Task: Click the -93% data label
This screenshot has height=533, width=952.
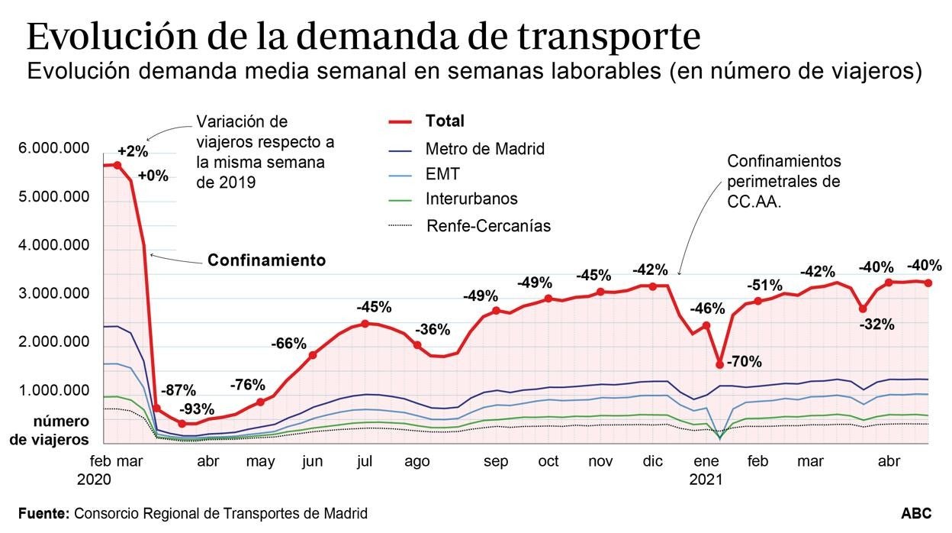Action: point(198,409)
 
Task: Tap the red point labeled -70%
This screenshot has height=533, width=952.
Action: point(719,364)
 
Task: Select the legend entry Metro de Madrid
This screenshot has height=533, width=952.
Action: point(485,149)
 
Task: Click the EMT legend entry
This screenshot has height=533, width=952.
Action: point(442,174)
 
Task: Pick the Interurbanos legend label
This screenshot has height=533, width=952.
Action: point(471,199)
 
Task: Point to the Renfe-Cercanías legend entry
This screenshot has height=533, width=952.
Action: point(488,225)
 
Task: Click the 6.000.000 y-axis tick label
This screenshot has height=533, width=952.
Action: point(53,148)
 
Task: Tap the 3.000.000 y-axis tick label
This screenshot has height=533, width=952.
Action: point(53,294)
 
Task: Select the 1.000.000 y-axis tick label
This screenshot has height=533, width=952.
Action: point(53,391)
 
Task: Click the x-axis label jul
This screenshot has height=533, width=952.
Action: point(365,461)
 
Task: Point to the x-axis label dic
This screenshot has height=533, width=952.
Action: point(653,461)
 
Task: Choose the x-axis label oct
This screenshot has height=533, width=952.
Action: point(548,461)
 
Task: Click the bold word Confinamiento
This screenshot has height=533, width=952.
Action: point(266,260)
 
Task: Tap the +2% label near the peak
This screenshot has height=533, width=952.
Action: point(133,151)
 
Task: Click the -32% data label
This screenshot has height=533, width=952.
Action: point(877,324)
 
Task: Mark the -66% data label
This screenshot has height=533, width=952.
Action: point(288,344)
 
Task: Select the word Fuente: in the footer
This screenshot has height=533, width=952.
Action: point(43,514)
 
